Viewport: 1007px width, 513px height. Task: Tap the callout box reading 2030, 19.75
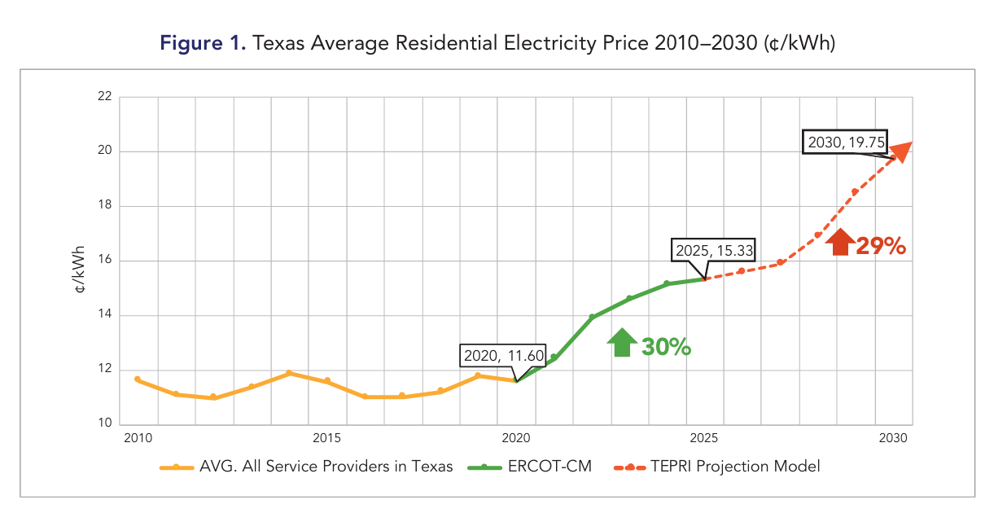844,142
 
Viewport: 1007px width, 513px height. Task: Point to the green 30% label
666,347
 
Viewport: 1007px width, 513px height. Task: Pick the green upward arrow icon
621,343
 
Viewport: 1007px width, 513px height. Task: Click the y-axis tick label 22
103,96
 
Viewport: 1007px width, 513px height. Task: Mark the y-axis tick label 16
103,261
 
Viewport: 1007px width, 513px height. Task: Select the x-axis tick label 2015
326,439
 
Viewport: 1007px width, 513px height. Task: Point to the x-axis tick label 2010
138,439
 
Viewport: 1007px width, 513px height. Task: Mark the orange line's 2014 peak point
289,373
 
